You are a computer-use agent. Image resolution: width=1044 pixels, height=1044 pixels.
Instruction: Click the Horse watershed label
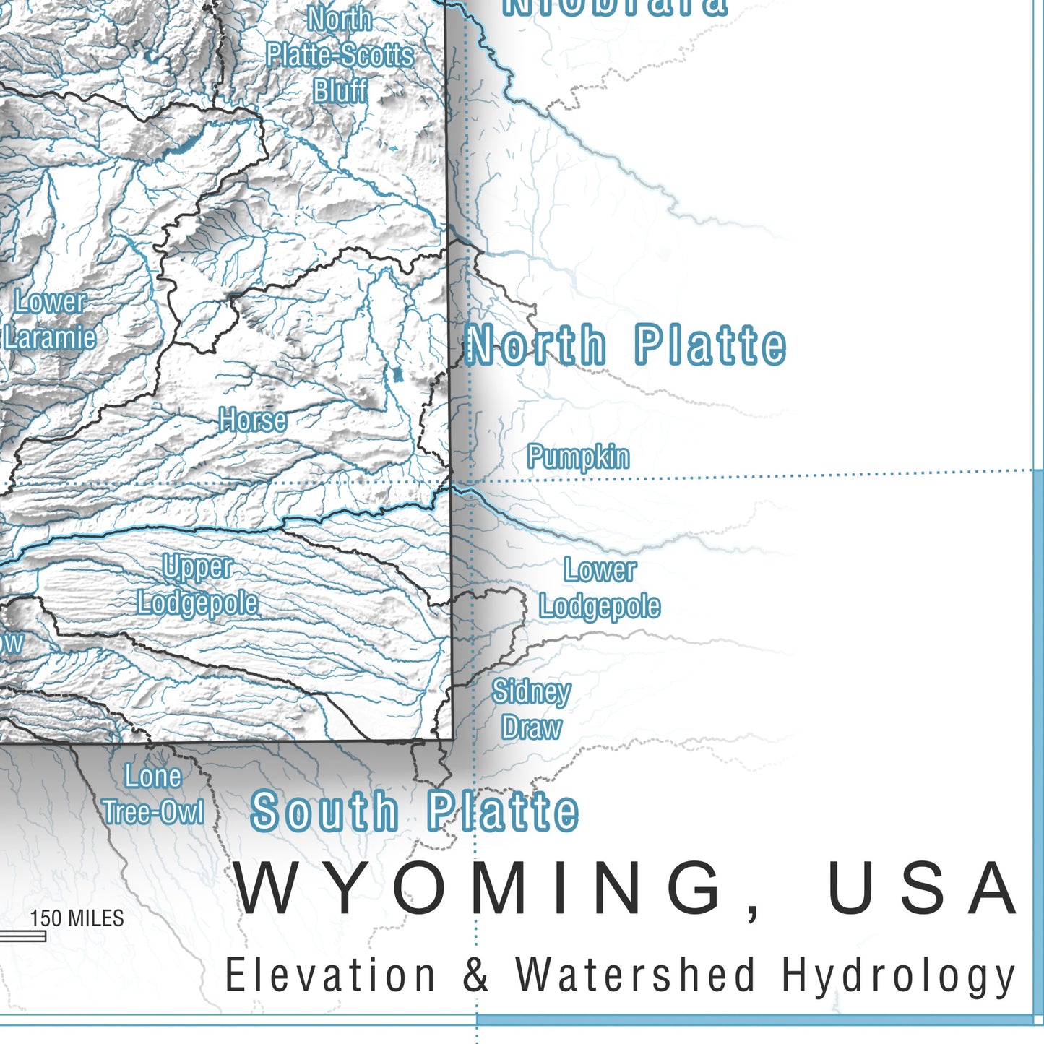tap(253, 420)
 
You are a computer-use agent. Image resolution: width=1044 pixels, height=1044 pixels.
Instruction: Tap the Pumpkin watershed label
tap(578, 457)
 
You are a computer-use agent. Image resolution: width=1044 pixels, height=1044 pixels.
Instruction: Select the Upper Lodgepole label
tap(197, 585)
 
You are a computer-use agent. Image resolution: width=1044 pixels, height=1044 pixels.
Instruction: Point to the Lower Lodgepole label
tap(600, 588)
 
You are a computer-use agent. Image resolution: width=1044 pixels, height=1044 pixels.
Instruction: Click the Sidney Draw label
tap(532, 709)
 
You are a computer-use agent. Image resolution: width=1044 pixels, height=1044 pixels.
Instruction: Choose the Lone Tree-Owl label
tap(153, 794)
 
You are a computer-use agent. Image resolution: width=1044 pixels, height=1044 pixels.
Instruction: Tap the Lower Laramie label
tap(50, 319)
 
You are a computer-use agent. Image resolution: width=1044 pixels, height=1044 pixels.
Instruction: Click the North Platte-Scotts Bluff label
tap(340, 56)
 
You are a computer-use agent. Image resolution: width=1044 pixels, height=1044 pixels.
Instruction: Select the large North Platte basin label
tap(626, 345)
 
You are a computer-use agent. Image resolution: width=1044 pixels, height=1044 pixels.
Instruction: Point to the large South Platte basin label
tap(414, 811)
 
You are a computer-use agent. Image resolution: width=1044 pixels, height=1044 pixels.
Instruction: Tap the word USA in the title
tap(923, 889)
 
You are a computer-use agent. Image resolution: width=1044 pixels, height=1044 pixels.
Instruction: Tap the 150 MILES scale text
tap(77, 918)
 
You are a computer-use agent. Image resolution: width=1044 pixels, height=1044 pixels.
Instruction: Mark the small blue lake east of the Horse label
tap(397, 375)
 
